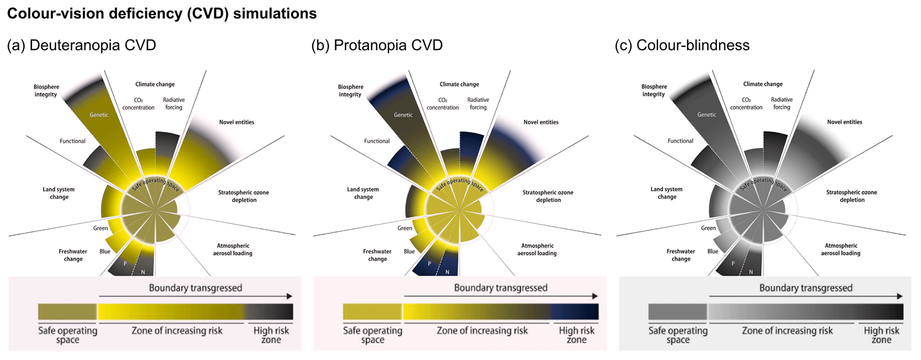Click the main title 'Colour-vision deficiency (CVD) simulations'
click(162, 14)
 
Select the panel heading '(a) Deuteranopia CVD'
click(82, 45)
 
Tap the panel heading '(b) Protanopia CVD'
click(377, 45)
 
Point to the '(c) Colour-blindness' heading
click(682, 45)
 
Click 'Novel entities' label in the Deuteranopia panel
click(237, 122)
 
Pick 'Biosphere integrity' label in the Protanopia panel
click(351, 90)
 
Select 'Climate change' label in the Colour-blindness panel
click(763, 84)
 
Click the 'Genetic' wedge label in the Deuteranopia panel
click(99, 115)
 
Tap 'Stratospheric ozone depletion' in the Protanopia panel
click(548, 196)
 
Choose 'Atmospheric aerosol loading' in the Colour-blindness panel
click(841, 249)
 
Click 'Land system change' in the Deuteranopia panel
click(59, 193)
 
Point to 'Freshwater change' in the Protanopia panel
click(377, 255)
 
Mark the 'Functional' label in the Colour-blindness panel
click(680, 141)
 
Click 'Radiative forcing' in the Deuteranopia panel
click(174, 103)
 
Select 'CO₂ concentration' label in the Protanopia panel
click(442, 104)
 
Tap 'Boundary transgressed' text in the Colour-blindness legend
click(806, 288)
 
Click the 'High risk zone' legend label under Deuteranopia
click(271, 335)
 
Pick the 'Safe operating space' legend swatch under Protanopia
click(372, 312)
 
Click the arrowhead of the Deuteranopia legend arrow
click(290, 296)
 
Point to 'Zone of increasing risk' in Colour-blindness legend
click(787, 331)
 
